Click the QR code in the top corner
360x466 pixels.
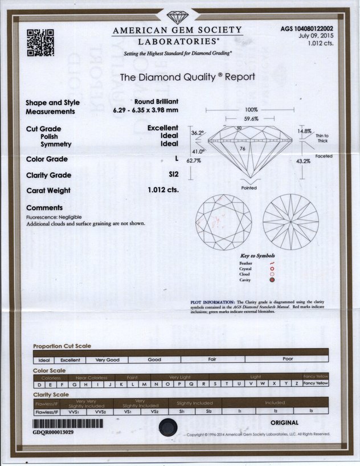tap(40, 42)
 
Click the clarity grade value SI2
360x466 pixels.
tap(173, 175)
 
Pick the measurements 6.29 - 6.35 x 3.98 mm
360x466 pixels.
tap(145, 111)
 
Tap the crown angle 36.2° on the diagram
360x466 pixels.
tap(198, 133)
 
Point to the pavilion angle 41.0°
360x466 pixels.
tap(197, 152)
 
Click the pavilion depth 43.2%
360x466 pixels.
tap(304, 161)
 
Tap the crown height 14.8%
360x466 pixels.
tap(304, 131)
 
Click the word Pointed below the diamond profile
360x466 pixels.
tap(249, 188)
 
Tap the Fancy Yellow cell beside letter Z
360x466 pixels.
tap(316, 384)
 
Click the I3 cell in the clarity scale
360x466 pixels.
tap(311, 410)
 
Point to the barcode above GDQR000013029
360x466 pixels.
tap(68, 424)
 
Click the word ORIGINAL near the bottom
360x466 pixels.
tap(284, 423)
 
